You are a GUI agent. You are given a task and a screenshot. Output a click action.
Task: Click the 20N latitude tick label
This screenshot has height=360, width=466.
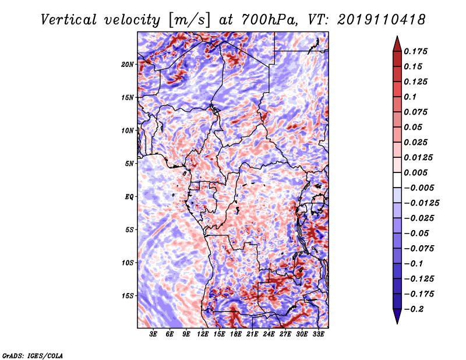(128, 65)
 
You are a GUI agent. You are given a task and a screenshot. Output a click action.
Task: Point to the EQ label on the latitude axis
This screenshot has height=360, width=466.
(129, 197)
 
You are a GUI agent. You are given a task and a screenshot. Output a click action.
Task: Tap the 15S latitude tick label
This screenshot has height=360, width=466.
(128, 296)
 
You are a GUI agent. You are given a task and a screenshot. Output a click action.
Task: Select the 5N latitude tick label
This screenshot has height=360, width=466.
(129, 164)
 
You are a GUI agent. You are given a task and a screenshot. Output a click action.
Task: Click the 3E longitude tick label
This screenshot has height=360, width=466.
(153, 334)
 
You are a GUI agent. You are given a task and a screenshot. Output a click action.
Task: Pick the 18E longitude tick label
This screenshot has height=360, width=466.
(236, 334)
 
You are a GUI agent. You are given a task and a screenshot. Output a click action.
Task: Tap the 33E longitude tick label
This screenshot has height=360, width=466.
(318, 334)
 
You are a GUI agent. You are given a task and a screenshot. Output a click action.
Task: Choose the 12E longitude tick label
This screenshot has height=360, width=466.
(203, 334)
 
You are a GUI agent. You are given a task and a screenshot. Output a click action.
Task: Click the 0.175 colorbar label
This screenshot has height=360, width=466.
(415, 51)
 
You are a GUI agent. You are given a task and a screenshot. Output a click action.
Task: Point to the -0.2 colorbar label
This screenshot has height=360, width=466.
(413, 309)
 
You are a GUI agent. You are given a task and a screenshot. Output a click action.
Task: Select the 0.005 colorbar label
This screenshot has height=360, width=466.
(415, 172)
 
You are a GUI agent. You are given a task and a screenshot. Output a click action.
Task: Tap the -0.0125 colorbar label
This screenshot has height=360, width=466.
(421, 203)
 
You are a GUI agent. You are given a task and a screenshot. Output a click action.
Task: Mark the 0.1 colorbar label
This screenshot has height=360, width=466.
(410, 97)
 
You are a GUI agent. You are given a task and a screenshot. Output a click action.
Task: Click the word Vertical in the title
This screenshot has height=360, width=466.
(69, 20)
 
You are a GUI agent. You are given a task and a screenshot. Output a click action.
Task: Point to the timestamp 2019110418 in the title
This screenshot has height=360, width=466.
(382, 20)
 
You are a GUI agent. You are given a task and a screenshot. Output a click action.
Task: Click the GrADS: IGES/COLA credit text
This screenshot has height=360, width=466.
(33, 355)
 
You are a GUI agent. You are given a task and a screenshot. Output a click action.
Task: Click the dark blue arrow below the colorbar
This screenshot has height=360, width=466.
(397, 316)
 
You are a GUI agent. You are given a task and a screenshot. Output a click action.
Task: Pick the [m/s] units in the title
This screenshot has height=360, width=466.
(189, 20)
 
